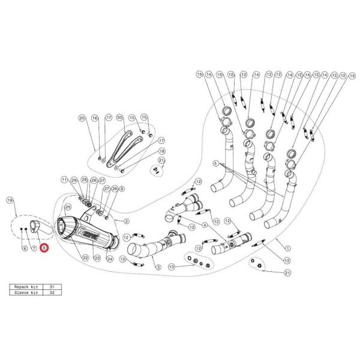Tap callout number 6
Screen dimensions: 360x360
coord(25,248)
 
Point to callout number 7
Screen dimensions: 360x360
coord(34,248)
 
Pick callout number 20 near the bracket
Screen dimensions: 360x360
coord(82,118)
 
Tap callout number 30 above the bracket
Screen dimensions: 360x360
coord(120,118)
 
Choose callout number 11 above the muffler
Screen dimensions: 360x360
coord(64,179)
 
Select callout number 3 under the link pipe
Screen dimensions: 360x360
coord(158,266)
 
